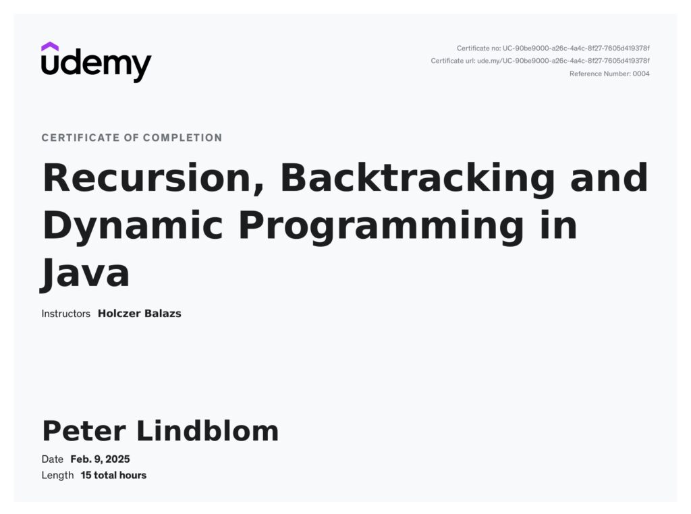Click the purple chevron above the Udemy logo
(50, 47)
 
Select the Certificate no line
(553, 48)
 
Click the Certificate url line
(541, 61)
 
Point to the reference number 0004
(641, 74)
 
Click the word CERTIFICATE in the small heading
(81, 138)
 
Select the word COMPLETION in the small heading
(182, 138)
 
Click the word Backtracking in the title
(417, 177)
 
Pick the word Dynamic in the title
(133, 226)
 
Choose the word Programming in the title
(381, 226)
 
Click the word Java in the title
(85, 273)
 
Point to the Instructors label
(65, 314)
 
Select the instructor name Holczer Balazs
(139, 314)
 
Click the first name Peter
(84, 431)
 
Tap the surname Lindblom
(208, 430)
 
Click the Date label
(53, 459)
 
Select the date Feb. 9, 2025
(100, 459)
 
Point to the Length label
(57, 476)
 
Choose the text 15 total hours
(113, 476)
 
